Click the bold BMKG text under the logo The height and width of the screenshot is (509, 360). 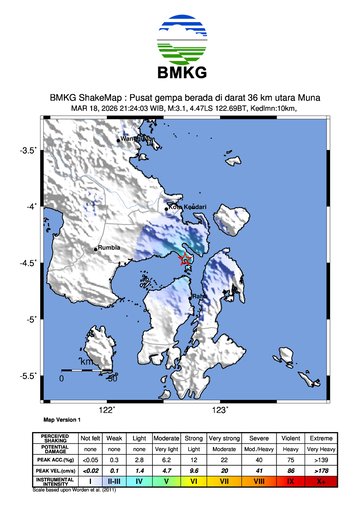[180, 76]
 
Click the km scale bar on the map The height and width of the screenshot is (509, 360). [86, 372]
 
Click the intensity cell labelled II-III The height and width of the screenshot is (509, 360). [116, 481]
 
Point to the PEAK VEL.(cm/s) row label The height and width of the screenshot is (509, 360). [58, 468]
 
